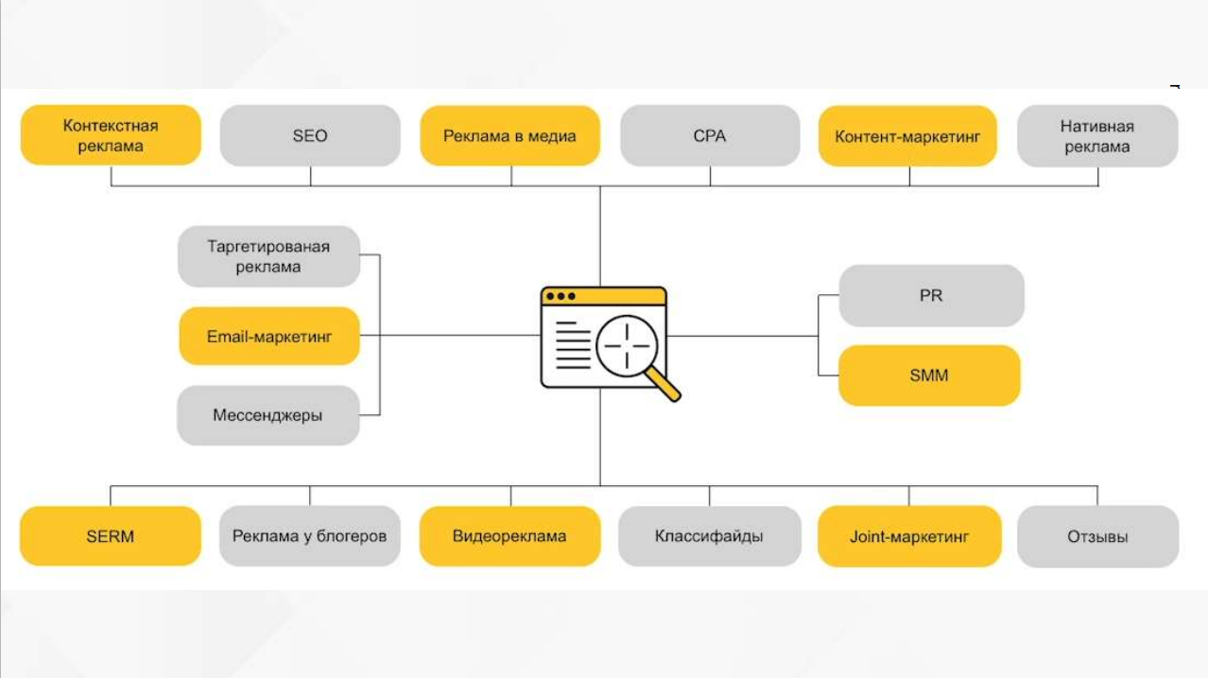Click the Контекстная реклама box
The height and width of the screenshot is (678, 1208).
[111, 135]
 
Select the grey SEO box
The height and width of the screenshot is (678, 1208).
[310, 135]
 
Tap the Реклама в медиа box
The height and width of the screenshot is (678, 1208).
[509, 136]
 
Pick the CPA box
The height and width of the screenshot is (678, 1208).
[710, 136]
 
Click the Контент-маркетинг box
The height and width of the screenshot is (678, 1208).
[907, 136]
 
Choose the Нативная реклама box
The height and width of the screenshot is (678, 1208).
[1097, 136]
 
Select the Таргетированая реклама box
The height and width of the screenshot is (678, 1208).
[268, 256]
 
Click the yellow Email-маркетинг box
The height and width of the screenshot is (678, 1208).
[269, 336]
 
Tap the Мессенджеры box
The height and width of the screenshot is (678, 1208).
[268, 415]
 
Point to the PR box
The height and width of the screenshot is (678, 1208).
[931, 296]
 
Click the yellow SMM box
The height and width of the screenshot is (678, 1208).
[929, 375]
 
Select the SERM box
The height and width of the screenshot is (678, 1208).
[111, 536]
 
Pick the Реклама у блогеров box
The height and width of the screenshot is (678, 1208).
[309, 536]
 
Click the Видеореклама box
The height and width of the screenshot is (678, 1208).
[509, 536]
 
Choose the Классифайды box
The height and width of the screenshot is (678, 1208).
[709, 536]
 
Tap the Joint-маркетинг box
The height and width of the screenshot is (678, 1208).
[909, 537]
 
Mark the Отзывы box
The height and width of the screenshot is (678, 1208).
[1097, 537]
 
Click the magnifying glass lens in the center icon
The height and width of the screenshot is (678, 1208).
[627, 346]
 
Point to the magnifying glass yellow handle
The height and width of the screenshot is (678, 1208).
[664, 384]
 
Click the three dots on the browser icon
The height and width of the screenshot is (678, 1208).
[561, 296]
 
